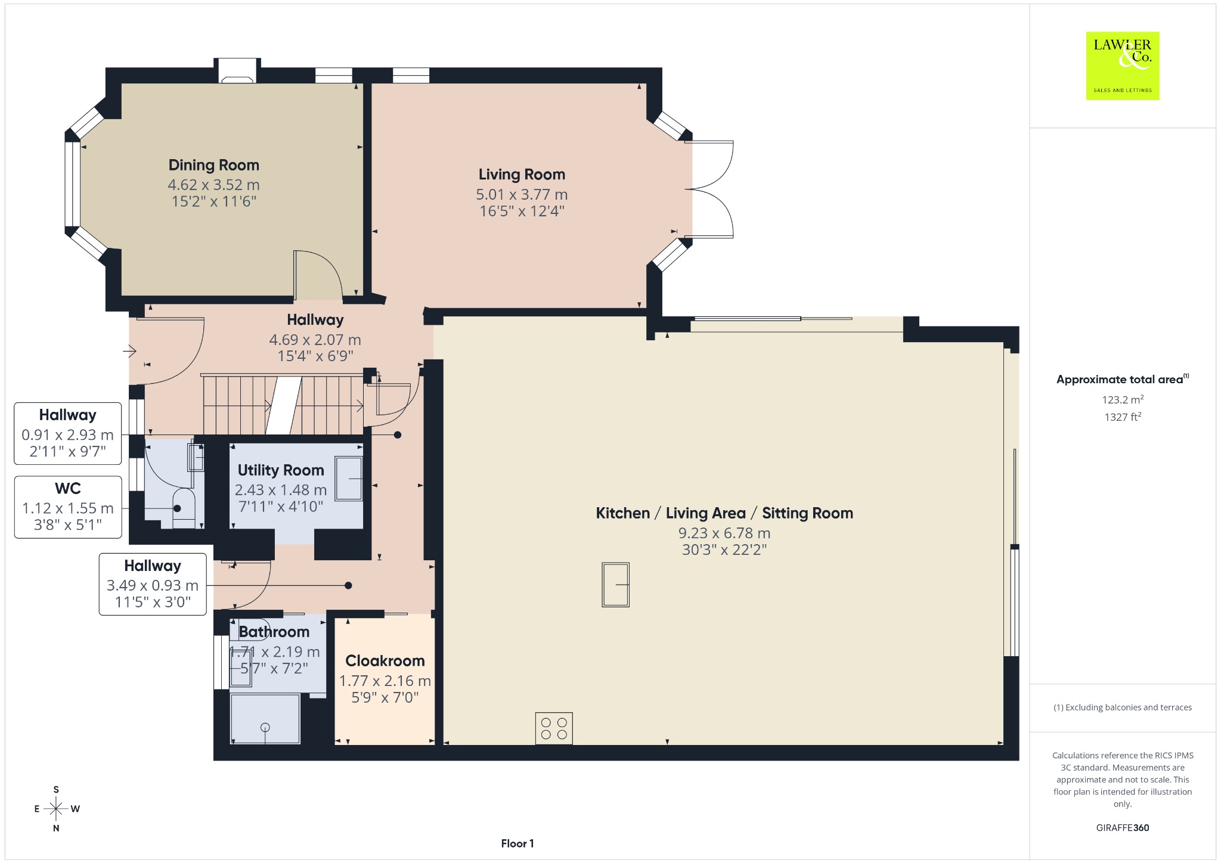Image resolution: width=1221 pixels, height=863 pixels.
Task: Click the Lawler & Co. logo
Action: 1122,66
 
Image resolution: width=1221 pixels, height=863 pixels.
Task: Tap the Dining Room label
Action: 214,165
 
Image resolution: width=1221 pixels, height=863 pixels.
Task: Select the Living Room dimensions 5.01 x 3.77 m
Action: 522,194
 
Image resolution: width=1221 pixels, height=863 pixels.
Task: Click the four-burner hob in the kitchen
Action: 554,728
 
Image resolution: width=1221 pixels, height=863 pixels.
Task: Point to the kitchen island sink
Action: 615,585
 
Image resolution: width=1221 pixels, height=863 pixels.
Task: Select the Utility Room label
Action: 281,470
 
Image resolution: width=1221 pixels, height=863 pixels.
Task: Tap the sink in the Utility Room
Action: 349,479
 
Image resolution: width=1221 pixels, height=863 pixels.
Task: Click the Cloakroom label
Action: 385,661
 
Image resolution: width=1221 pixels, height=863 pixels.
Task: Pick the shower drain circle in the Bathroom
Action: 265,727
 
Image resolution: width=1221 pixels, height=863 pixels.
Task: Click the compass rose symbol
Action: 56,809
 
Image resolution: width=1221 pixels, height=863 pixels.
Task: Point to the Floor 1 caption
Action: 517,843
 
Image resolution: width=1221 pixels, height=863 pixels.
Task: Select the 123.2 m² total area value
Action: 1123,400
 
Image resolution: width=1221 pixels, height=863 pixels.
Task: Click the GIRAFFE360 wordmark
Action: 1123,828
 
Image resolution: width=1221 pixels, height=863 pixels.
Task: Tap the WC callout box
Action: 68,507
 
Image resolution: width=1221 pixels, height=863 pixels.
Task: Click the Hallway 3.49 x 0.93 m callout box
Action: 153,584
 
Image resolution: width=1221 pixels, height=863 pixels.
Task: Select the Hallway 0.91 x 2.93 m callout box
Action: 68,433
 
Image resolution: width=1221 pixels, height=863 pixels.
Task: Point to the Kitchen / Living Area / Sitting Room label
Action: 724,513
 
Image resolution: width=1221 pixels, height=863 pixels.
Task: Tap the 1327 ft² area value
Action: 1123,417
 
